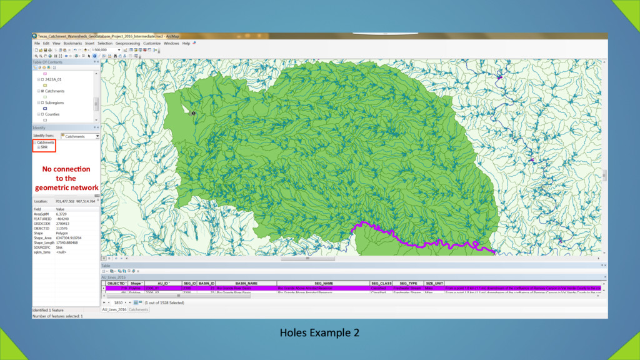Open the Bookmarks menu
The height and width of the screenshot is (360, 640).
(72, 43)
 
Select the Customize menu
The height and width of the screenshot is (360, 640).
(152, 43)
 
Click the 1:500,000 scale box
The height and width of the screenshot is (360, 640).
(104, 49)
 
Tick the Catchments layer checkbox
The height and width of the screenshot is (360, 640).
(42, 91)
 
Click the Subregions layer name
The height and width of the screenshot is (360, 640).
(54, 102)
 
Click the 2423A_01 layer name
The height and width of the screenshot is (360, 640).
(54, 80)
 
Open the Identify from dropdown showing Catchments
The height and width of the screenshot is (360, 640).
(80, 136)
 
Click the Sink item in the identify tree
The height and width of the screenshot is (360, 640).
(44, 147)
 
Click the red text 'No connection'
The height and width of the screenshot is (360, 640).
(66, 169)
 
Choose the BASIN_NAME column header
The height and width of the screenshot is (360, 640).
(246, 283)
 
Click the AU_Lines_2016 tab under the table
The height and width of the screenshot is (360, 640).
(114, 309)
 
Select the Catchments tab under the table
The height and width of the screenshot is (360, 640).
(139, 309)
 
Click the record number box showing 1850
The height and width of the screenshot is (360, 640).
(119, 302)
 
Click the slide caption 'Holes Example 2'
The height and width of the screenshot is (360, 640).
(319, 332)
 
